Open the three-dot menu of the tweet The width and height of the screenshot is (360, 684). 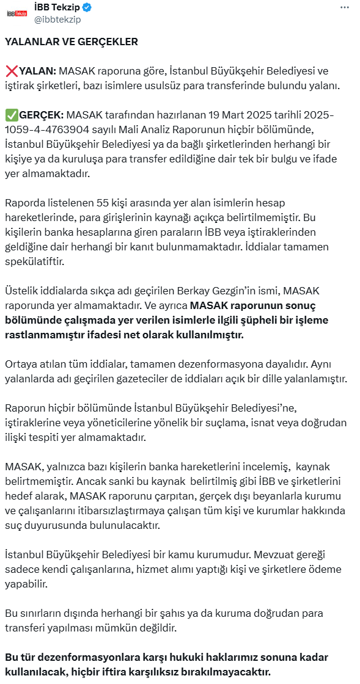point(346,8)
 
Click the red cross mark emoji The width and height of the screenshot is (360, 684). point(11,71)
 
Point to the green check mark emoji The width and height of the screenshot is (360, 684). point(11,115)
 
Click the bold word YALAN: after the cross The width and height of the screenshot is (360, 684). point(38,71)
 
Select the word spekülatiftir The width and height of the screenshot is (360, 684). point(34,261)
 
